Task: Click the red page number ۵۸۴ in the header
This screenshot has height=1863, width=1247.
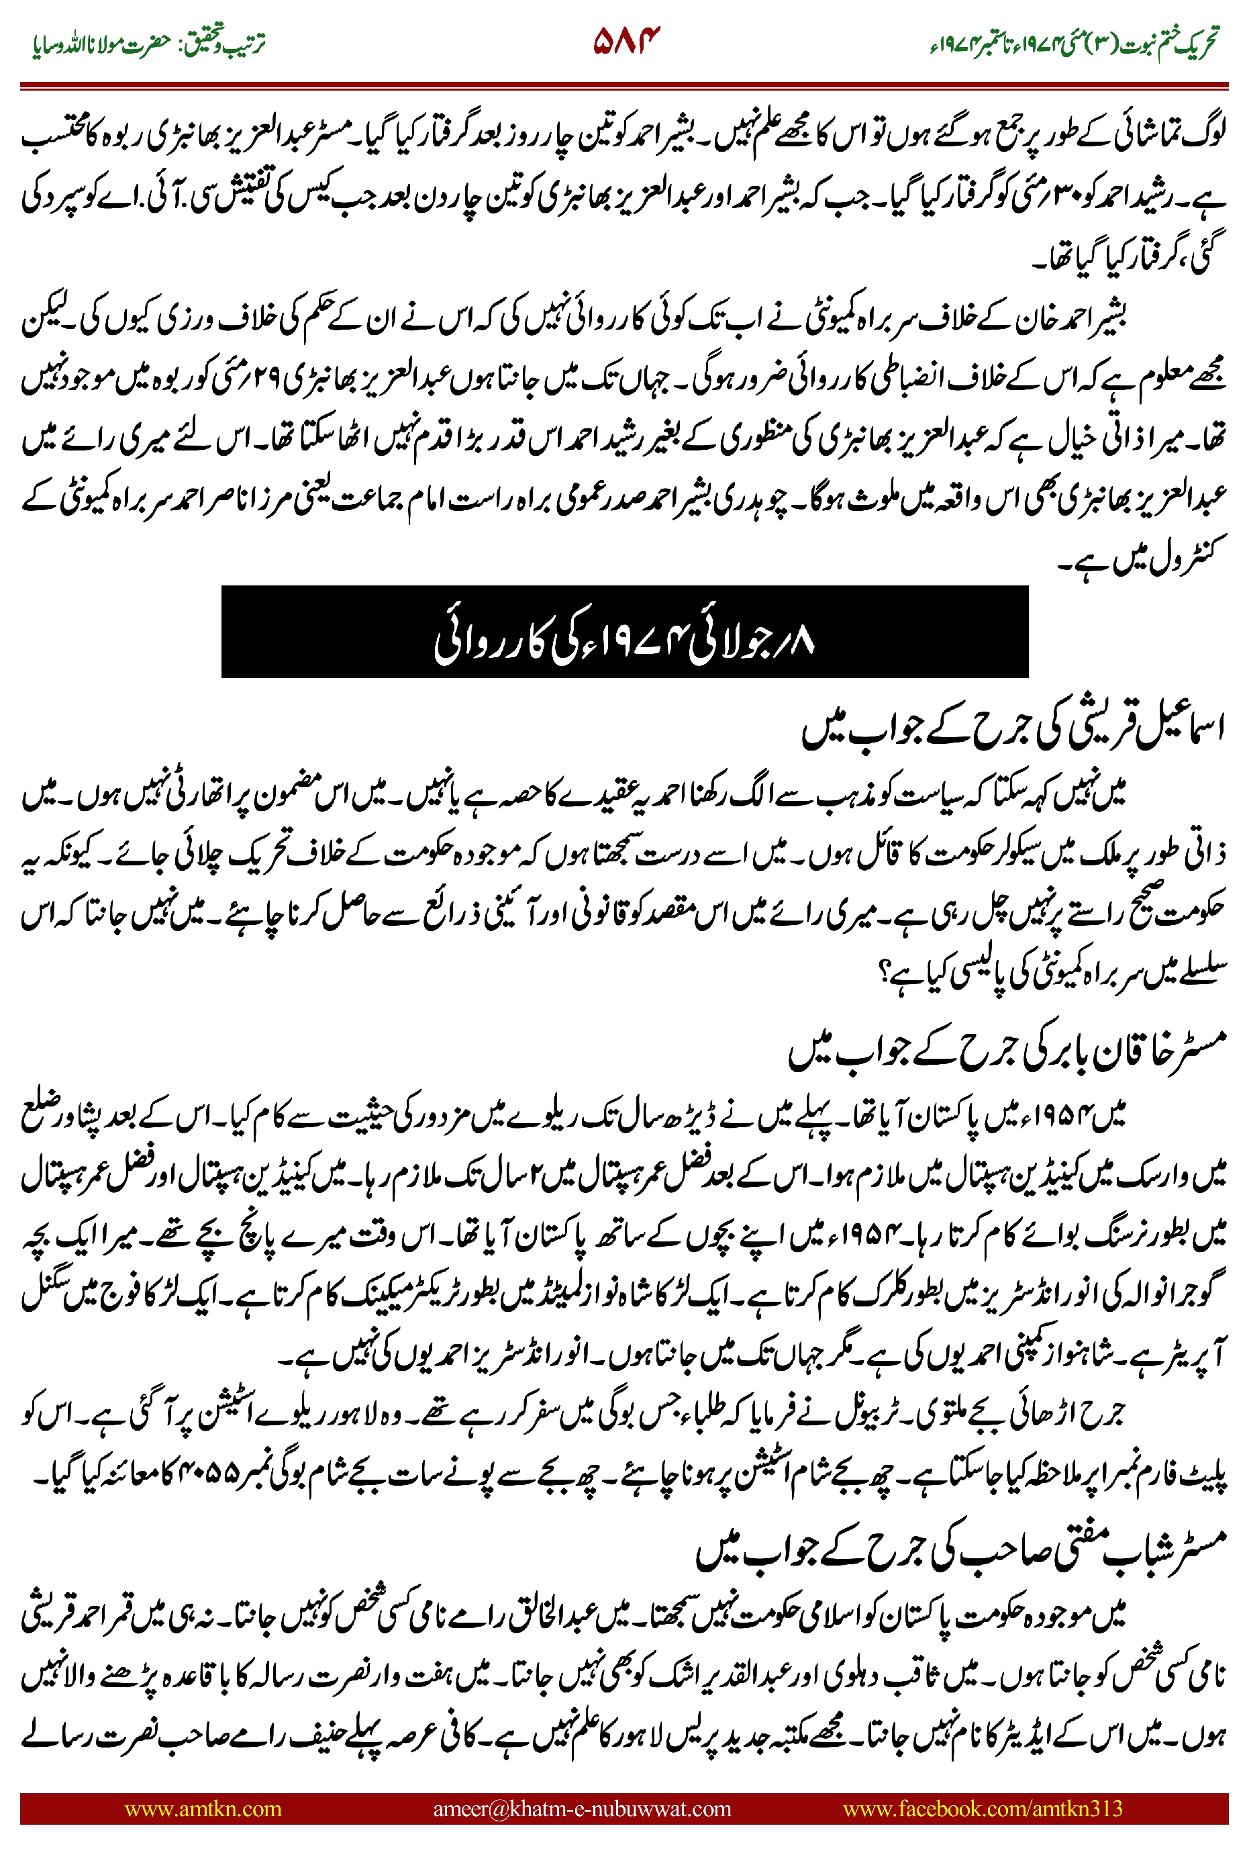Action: pos(627,40)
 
